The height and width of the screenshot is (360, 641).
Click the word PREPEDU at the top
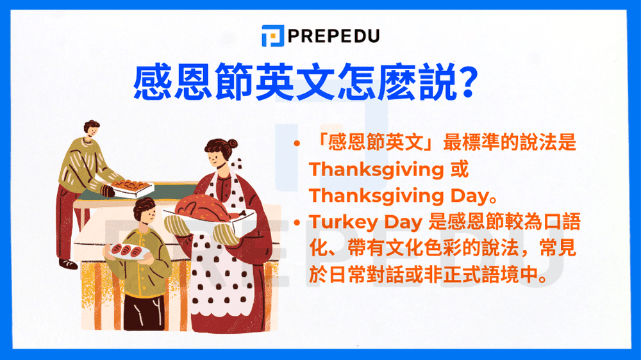point(335,36)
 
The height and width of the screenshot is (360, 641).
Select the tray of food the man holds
point(131,186)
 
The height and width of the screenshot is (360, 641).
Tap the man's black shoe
point(67,263)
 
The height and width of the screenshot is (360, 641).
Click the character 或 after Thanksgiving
point(460,170)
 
